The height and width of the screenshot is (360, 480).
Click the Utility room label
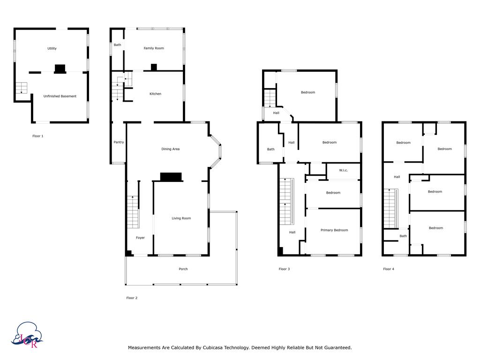[52, 49]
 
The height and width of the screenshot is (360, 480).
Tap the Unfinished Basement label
[60, 97]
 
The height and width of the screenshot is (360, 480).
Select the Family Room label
[154, 48]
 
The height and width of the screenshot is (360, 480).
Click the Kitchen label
[155, 94]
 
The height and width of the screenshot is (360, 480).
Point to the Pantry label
[119, 142]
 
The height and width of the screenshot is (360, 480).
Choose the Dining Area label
[170, 149]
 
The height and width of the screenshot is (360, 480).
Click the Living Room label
[181, 218]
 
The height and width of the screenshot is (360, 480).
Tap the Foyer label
[140, 238]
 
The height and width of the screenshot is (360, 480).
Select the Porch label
[183, 269]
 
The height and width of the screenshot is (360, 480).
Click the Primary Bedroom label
[334, 230]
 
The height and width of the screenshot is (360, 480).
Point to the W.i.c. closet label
[343, 171]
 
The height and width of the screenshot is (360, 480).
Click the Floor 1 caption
[37, 136]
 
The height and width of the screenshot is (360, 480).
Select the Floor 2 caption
[132, 298]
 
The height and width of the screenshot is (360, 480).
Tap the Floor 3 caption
[284, 269]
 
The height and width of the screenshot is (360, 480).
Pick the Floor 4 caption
[389, 269]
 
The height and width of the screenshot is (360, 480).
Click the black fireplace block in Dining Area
[171, 177]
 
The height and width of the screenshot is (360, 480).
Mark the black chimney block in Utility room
[60, 69]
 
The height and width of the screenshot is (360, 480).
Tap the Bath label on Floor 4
[403, 236]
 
